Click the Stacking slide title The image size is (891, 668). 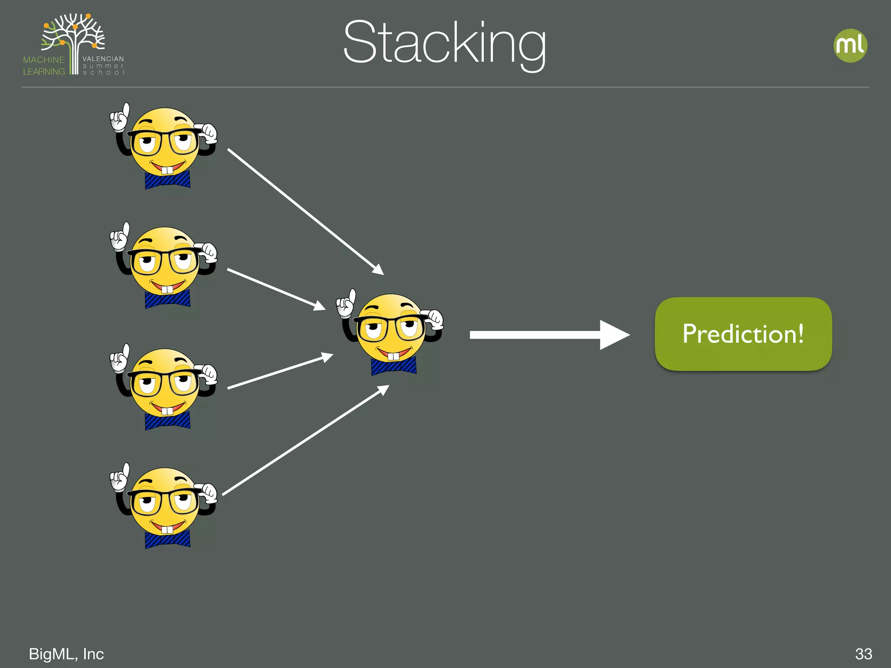(444, 44)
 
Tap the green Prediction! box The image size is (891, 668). (743, 334)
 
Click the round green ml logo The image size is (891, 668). (850, 46)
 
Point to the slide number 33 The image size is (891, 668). (864, 654)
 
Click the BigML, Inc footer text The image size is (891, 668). (66, 654)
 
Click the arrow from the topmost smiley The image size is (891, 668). (305, 211)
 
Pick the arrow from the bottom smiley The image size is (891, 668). (305, 440)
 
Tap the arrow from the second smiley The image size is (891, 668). (276, 289)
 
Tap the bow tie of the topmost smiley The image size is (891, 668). (167, 180)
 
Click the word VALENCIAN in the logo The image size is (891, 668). (103, 59)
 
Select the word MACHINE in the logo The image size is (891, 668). (44, 60)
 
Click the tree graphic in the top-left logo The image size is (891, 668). (74, 35)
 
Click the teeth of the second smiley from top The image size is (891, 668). (167, 289)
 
